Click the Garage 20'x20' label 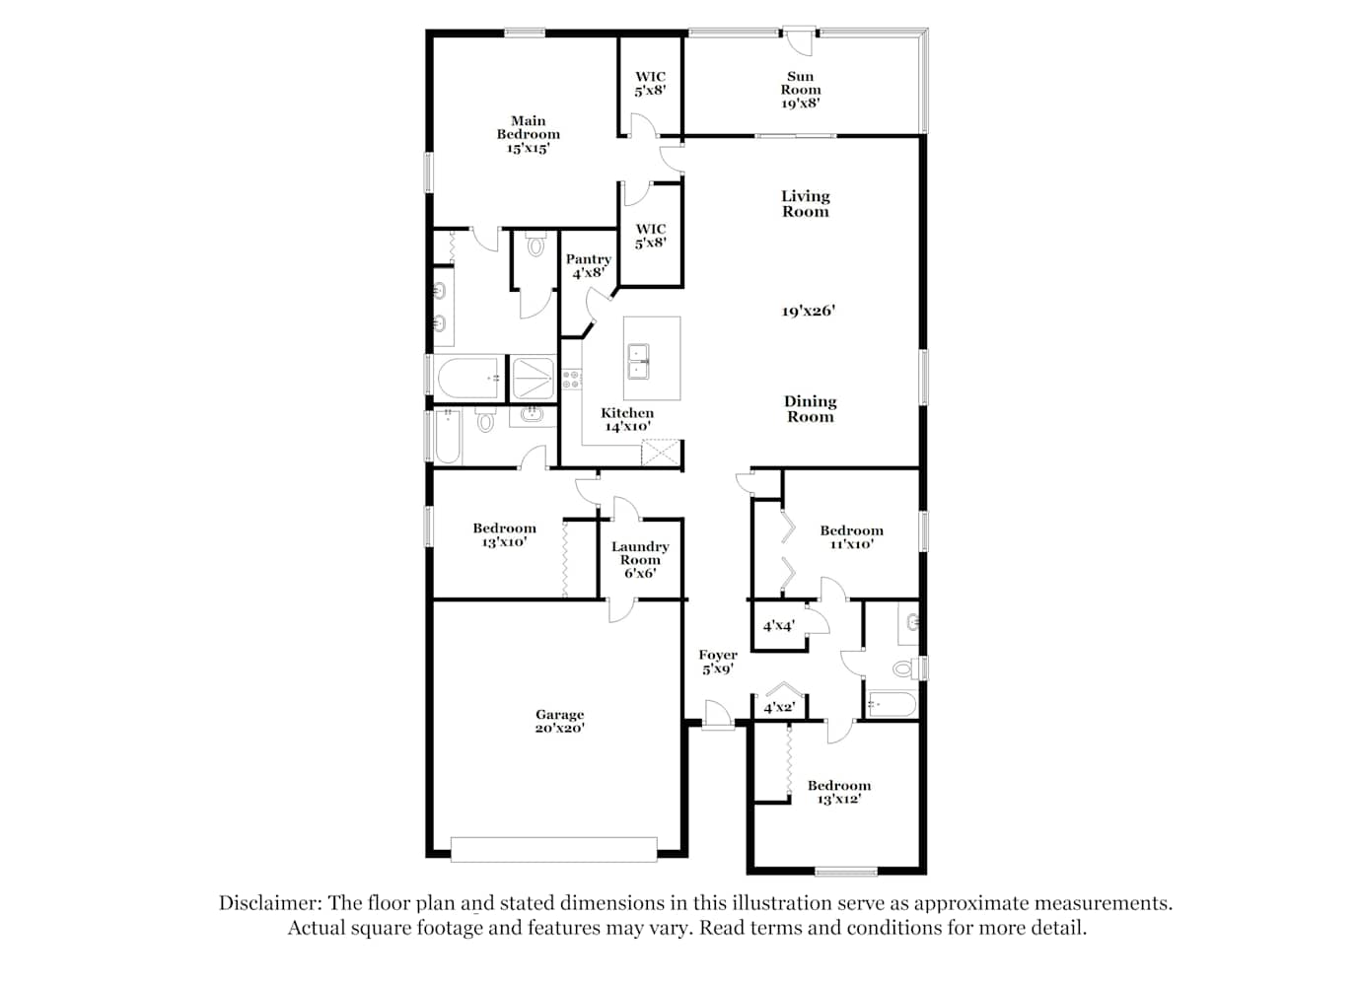click(559, 721)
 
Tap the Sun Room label click(800, 90)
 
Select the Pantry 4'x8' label click(589, 265)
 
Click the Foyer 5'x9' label click(718, 662)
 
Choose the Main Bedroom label click(528, 134)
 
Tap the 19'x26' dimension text click(808, 312)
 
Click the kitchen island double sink click(638, 361)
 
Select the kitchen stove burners click(571, 380)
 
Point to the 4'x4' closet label click(779, 626)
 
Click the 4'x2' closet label click(779, 707)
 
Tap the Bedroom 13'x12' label click(839, 793)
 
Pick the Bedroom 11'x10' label click(851, 537)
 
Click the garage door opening click(554, 849)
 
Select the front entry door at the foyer click(718, 722)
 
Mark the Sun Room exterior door click(799, 36)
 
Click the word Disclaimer click(270, 903)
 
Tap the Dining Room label click(810, 409)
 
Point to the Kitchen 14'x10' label click(627, 419)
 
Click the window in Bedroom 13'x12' click(846, 872)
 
